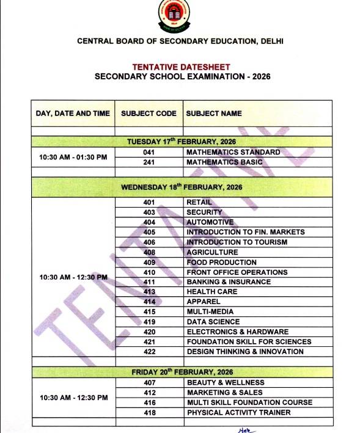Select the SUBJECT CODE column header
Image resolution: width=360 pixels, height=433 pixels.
point(149,114)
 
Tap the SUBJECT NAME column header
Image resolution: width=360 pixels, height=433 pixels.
point(214,114)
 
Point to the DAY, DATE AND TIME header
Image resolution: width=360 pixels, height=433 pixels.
point(73,114)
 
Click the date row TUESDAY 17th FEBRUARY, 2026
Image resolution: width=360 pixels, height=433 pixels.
point(182,142)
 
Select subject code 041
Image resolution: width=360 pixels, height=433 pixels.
point(149,152)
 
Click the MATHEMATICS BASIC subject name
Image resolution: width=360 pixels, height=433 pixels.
point(224,162)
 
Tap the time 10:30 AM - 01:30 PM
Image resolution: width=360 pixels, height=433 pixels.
point(73,157)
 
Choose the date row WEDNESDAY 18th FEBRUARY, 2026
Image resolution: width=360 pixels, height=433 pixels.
point(182,187)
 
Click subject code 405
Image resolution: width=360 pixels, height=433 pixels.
point(149,232)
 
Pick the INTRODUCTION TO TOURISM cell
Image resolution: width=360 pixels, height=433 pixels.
point(237,242)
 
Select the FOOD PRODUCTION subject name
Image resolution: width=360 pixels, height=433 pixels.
point(221,262)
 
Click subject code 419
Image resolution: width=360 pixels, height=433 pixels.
point(149,322)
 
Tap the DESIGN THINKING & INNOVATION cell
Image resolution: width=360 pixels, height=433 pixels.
point(244,352)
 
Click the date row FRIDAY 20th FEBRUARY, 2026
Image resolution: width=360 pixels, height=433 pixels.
point(182,372)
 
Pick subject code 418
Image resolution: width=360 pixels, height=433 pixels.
point(149,413)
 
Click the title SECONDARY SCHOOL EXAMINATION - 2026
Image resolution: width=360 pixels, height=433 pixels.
point(182,77)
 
